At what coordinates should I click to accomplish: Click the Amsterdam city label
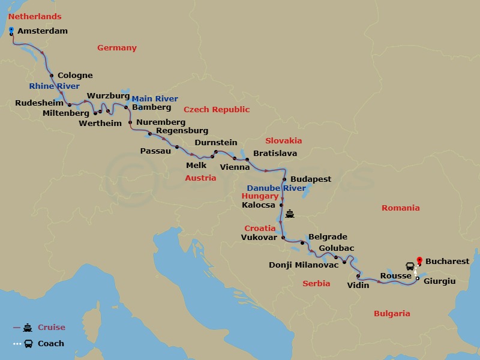click(43, 31)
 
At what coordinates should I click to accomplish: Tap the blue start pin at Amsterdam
click(12, 30)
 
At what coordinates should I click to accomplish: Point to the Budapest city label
click(311, 179)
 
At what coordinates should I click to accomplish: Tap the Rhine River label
click(54, 86)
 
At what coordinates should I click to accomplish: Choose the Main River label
click(155, 98)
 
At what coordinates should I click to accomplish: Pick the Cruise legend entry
click(51, 328)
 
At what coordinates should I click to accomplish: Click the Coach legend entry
click(50, 344)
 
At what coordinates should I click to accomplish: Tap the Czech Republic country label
click(217, 109)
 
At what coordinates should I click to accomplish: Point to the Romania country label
click(400, 208)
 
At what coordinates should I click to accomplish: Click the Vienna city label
click(235, 167)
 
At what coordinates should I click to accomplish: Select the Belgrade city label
click(328, 237)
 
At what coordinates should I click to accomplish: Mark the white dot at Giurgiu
click(418, 278)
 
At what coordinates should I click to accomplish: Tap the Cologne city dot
click(52, 76)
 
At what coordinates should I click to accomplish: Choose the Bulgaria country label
click(392, 313)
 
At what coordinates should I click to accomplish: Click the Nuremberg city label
click(161, 122)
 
